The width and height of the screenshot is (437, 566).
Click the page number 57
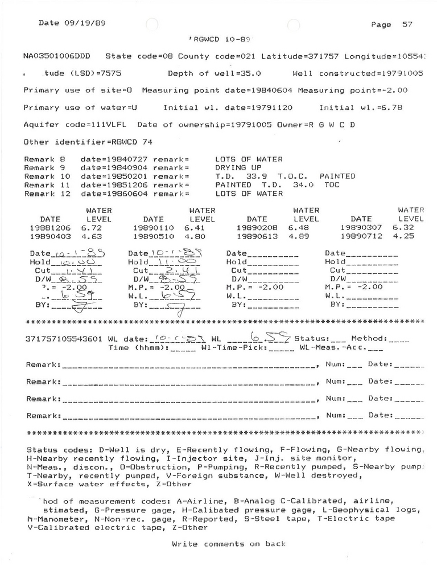(x=407, y=24)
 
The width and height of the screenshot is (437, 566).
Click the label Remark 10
(x=48, y=177)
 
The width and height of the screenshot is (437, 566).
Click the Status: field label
(x=311, y=338)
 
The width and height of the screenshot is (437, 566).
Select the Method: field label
(x=370, y=338)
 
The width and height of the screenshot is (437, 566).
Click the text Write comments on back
(x=229, y=544)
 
